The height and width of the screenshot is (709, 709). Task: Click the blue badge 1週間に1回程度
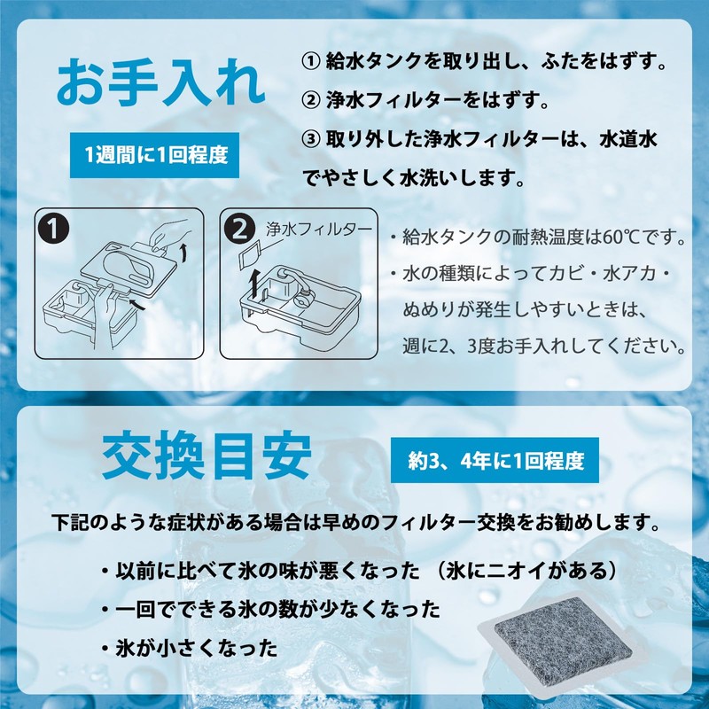(156, 155)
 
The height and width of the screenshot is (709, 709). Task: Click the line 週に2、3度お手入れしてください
(544, 344)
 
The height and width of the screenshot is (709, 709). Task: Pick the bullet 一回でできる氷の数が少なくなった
(275, 610)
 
